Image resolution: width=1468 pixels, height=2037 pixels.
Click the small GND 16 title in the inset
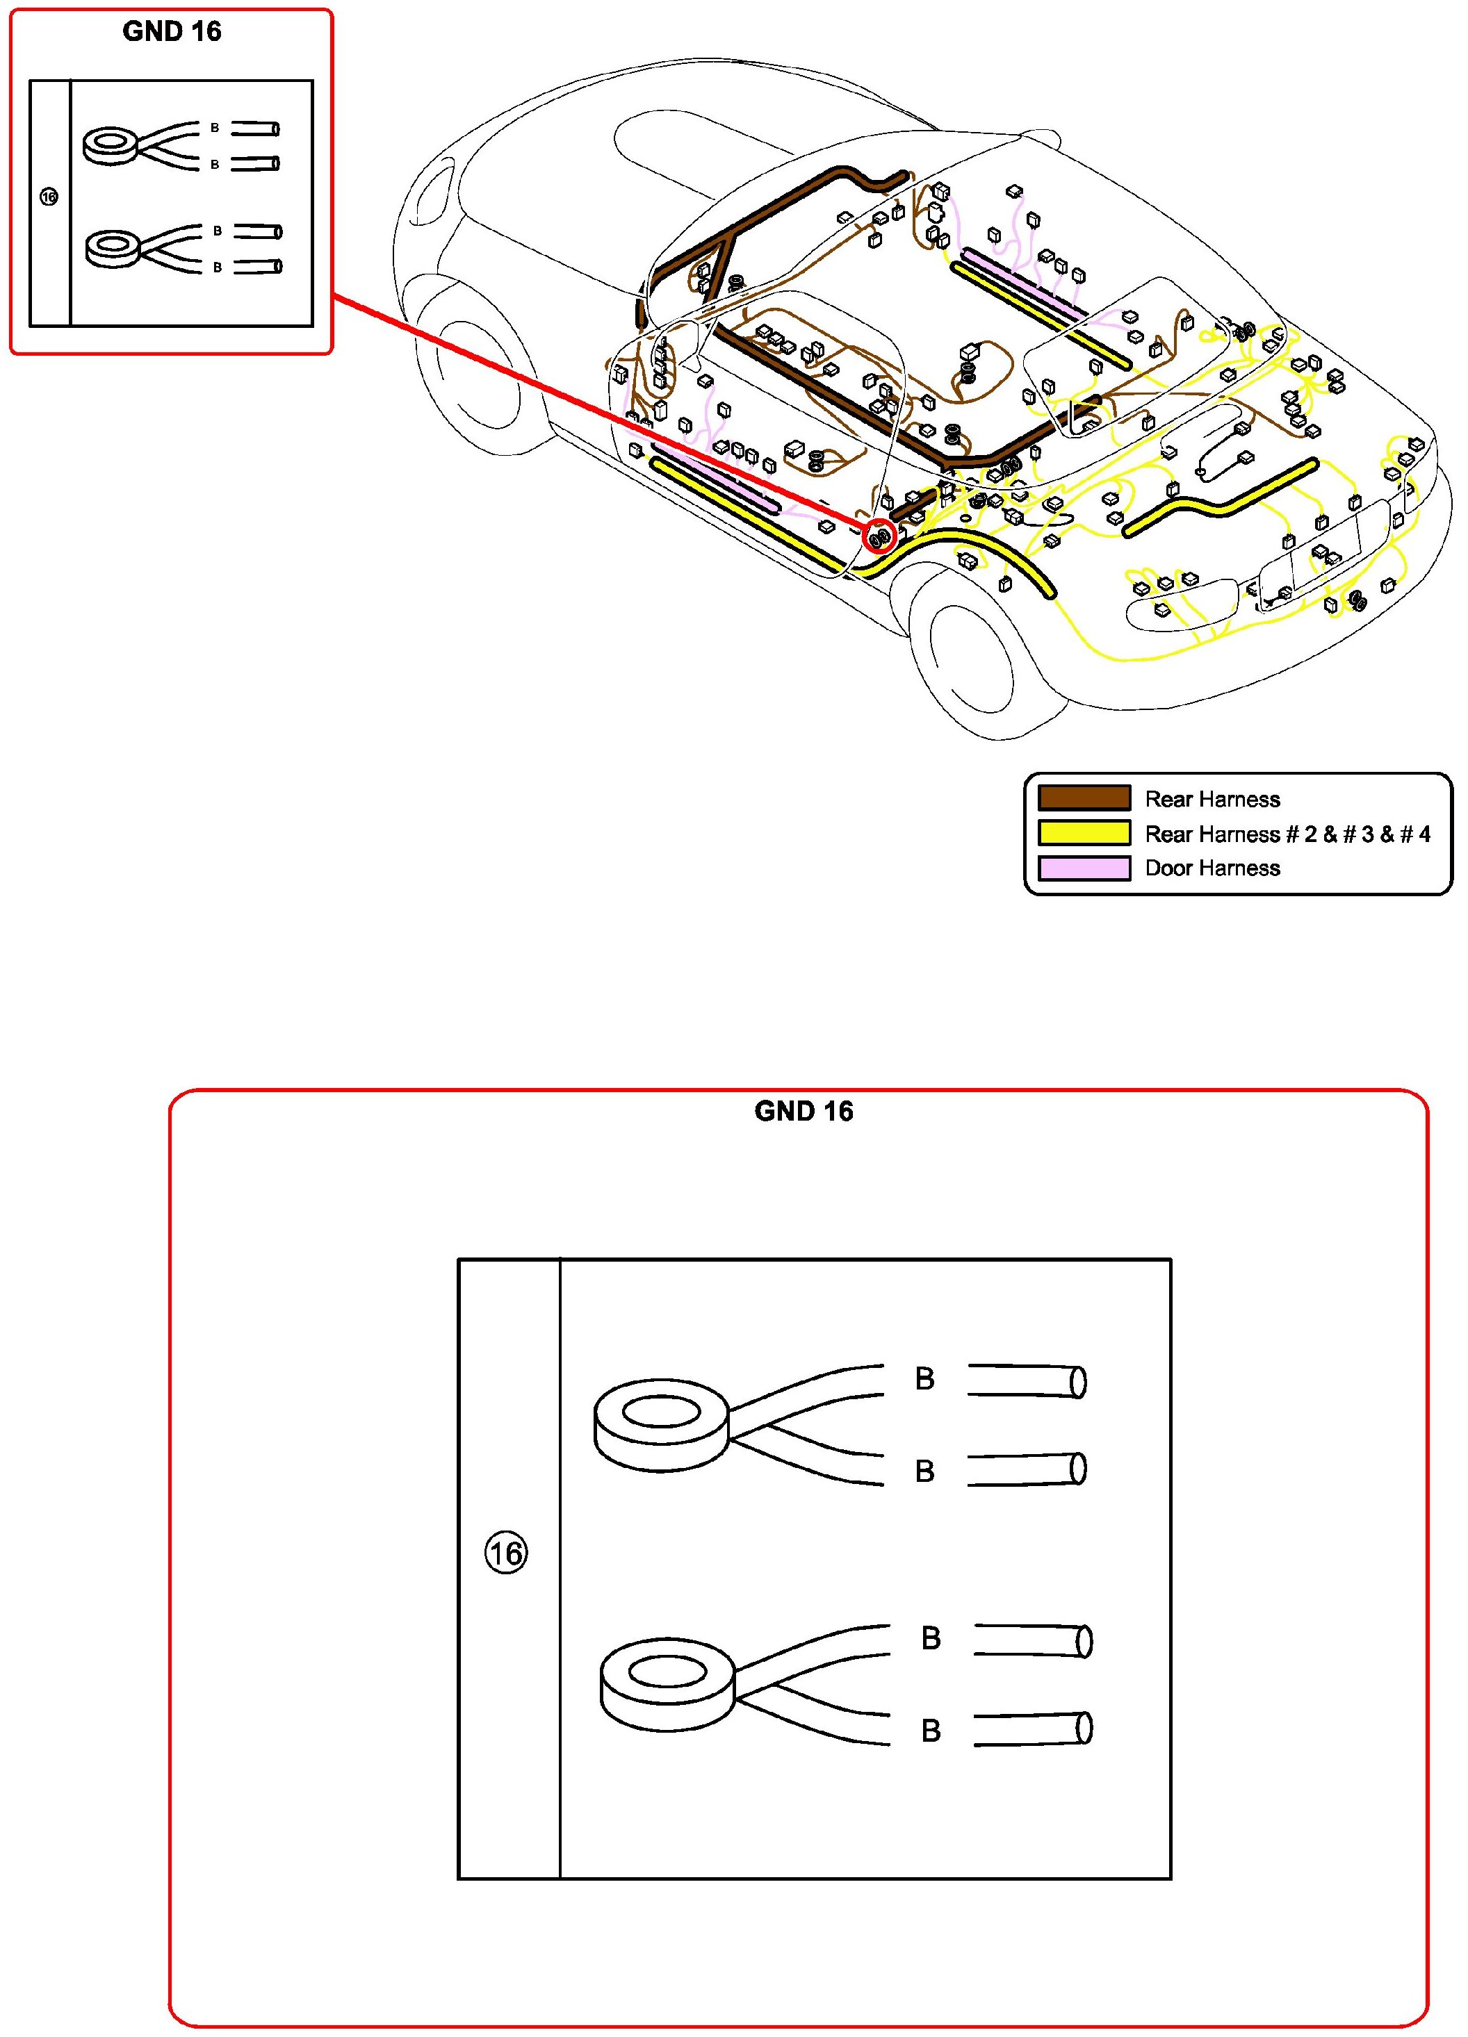pos(172,31)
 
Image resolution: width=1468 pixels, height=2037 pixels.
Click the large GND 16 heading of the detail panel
pos(804,1111)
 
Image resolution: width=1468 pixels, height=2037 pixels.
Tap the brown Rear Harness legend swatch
pos(1084,798)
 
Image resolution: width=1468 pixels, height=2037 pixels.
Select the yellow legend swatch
pos(1084,832)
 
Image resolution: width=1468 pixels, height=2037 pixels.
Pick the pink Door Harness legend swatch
pos(1084,868)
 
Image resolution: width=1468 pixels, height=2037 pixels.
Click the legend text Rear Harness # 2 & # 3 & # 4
pos(1287,834)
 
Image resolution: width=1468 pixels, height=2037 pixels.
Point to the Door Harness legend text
pos(1212,868)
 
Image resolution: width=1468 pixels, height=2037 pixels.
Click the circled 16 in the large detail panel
pos(506,1553)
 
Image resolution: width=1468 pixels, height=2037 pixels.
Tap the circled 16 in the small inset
pos(49,197)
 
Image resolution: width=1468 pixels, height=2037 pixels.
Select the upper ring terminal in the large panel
pos(661,1426)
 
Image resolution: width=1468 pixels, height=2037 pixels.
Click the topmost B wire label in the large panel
pos(924,1378)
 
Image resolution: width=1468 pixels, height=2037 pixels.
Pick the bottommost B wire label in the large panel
pos(931,1731)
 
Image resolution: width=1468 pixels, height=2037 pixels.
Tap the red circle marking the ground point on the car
pos(879,537)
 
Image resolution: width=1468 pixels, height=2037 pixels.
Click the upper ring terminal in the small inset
pos(111,145)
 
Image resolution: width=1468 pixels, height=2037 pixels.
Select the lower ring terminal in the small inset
pos(113,247)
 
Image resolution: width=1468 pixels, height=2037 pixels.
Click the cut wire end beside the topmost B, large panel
pos(1027,1380)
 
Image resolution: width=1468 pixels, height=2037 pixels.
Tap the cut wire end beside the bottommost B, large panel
pos(1033,1729)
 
